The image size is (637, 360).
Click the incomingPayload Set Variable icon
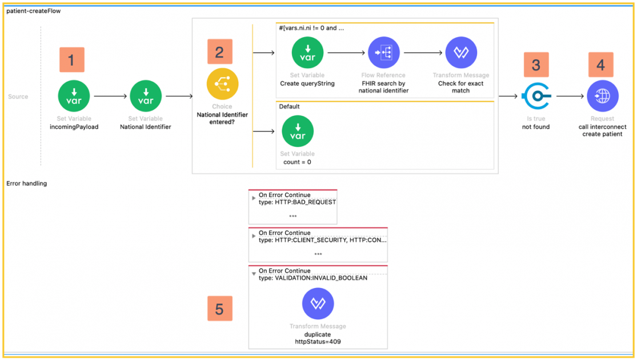(x=74, y=96)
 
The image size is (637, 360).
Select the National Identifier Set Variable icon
(x=146, y=96)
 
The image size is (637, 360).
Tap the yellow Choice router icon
(x=222, y=84)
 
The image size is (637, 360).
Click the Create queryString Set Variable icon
(x=307, y=53)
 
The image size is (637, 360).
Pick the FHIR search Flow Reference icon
(x=383, y=53)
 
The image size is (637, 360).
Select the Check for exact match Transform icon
(x=460, y=53)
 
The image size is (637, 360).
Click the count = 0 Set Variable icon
(x=297, y=131)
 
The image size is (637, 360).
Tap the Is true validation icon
(x=536, y=96)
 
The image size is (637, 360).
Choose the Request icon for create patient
(x=602, y=96)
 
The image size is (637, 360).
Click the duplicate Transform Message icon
(x=318, y=303)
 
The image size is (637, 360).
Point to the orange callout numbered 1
(x=71, y=60)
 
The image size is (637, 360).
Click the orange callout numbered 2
(x=220, y=52)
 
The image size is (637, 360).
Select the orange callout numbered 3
(x=536, y=65)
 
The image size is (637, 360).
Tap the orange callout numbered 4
(x=600, y=65)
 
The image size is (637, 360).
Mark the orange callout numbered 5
(x=220, y=309)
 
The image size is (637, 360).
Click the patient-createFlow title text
(x=33, y=10)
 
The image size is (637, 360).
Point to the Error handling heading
(x=26, y=183)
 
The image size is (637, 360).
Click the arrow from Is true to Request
(x=570, y=96)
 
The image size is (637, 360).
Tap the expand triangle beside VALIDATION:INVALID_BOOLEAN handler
(x=254, y=274)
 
